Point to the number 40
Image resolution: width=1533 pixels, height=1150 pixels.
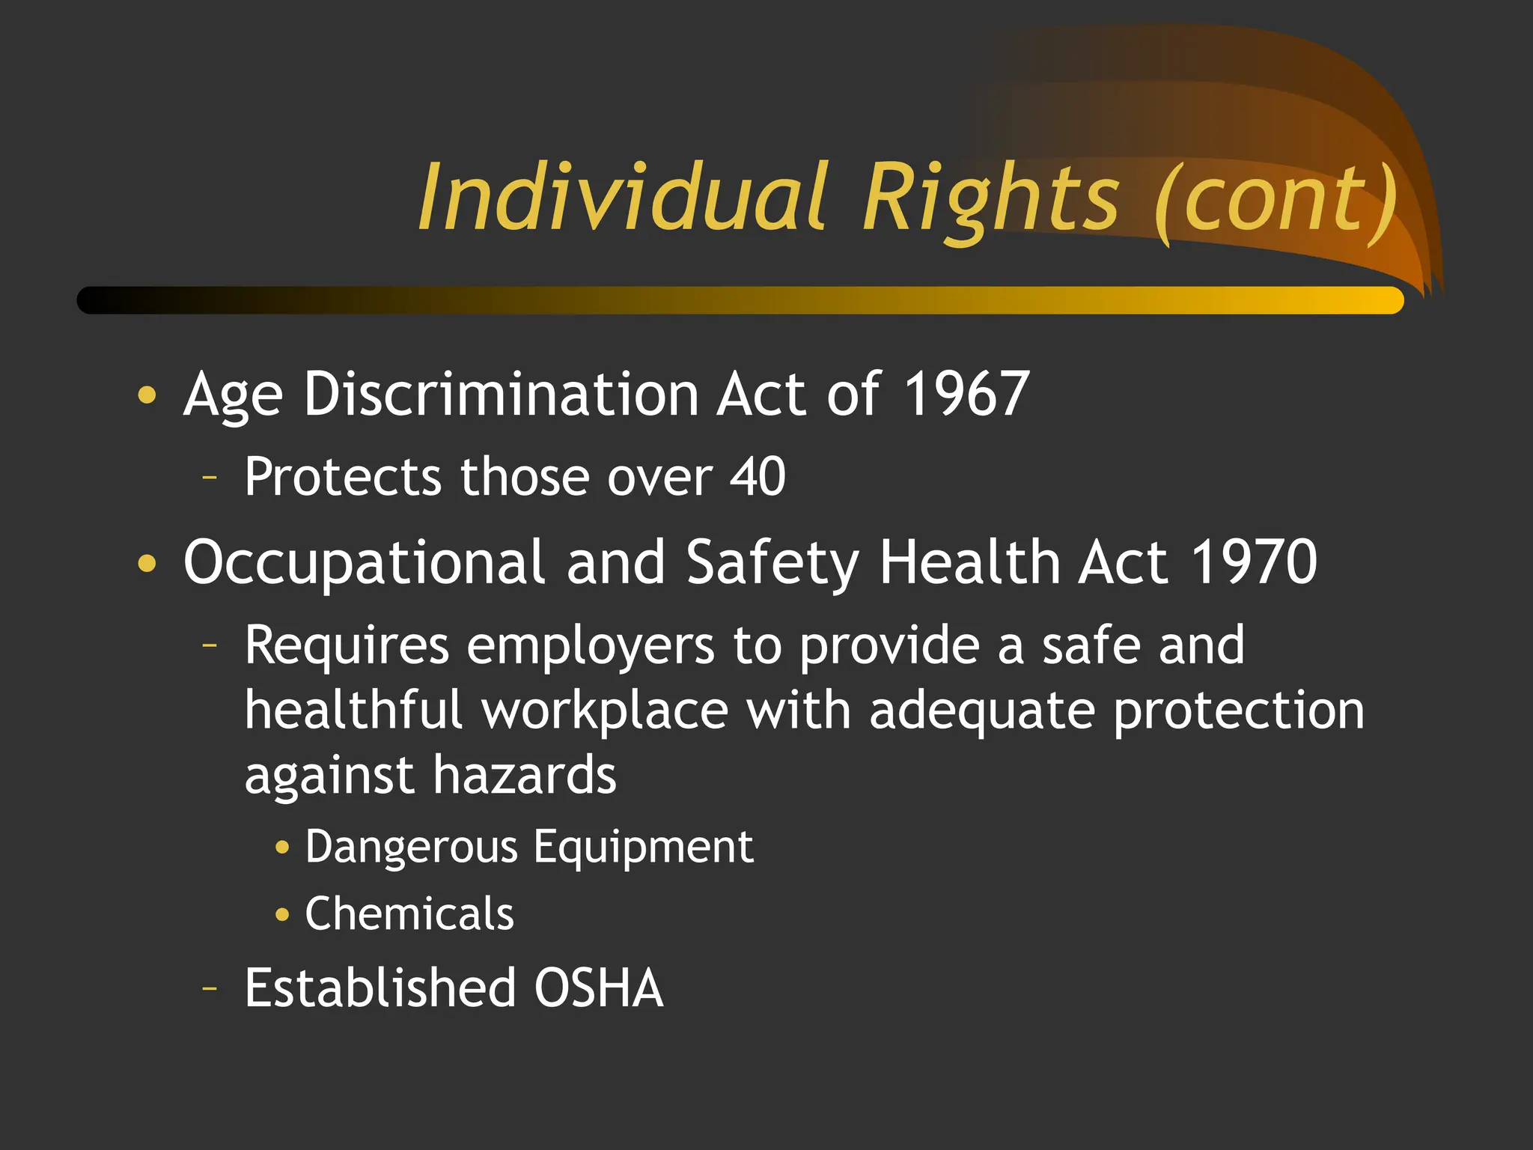point(758,476)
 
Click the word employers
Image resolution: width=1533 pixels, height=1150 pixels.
point(591,645)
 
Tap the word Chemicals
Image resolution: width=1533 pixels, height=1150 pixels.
point(409,913)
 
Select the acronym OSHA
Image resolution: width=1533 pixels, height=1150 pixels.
point(599,988)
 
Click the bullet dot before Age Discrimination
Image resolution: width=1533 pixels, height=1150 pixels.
point(147,395)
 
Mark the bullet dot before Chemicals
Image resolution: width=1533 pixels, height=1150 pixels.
point(282,914)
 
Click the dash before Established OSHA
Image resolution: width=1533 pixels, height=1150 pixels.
point(210,988)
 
